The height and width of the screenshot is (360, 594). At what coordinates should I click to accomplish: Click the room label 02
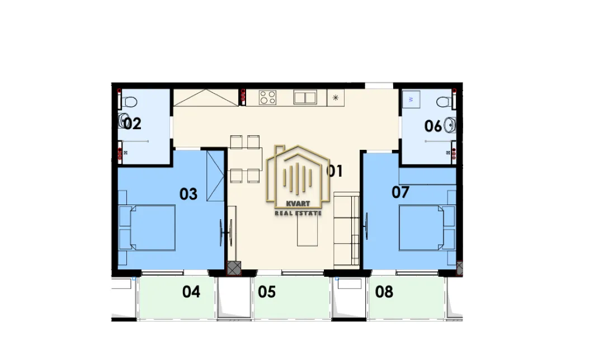coord(133,124)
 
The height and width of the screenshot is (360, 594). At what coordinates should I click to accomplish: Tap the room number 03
coord(188,194)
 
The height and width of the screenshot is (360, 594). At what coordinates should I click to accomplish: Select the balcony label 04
coord(191,292)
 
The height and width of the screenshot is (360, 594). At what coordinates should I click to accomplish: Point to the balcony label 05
coord(267,292)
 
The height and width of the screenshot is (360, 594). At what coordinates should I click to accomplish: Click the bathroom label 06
coord(433,126)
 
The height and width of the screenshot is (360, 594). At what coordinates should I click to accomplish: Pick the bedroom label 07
coord(400,192)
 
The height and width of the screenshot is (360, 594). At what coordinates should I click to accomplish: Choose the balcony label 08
coord(384,292)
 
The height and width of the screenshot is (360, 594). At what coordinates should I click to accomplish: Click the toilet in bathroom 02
coord(128,102)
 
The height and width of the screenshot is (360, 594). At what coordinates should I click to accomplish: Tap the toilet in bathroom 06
coord(446,102)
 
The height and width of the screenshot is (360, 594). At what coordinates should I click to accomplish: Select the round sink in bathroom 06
coord(450,125)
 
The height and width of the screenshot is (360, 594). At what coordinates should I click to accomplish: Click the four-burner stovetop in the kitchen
coord(267,97)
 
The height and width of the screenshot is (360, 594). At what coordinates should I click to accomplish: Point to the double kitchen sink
coord(305,97)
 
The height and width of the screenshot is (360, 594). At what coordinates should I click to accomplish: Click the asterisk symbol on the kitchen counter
coord(335,98)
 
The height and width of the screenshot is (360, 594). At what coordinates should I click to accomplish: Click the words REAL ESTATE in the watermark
coord(298,214)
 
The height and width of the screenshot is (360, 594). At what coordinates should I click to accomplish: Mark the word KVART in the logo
coord(298,204)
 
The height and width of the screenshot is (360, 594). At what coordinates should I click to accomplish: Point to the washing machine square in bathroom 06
coord(411,99)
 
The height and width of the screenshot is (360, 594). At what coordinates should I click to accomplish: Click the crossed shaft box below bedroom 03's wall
coord(234,268)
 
